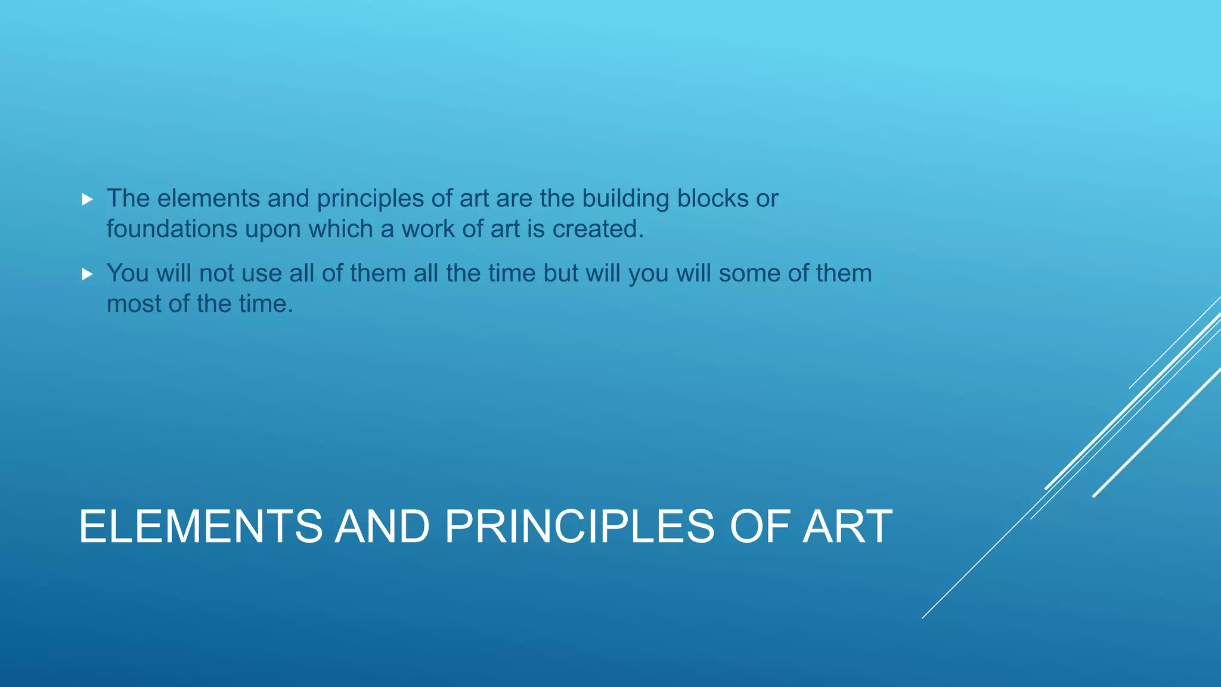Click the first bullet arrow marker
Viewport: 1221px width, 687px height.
point(88,200)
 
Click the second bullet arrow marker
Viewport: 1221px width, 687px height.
point(88,274)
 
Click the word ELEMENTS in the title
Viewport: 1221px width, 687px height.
point(200,527)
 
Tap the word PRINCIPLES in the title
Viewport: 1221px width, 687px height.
point(579,527)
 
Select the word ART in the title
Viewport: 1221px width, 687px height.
point(847,527)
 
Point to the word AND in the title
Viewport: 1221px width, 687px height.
point(382,527)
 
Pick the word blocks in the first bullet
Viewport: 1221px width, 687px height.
point(712,199)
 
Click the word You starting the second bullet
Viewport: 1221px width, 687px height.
point(128,273)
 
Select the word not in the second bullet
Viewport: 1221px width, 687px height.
point(217,274)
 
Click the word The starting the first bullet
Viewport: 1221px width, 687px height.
point(128,199)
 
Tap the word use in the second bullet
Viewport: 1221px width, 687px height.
point(263,274)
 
